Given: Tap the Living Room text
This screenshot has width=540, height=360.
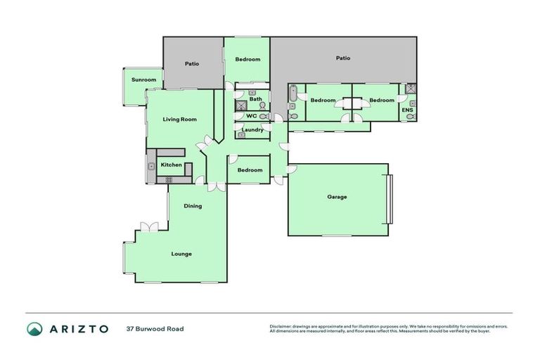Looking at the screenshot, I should point(179,120).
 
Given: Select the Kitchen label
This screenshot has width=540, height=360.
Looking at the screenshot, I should point(171,165).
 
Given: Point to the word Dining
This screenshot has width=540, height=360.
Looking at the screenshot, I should point(193,206).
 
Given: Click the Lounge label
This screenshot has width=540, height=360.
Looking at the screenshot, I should point(181,254).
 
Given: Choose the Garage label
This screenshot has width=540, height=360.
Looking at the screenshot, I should point(337,197).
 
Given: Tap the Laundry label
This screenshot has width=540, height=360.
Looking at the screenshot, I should point(252,130).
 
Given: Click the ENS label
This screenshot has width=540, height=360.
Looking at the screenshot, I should point(407,110).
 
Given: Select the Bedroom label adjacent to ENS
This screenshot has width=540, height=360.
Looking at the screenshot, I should point(382,101).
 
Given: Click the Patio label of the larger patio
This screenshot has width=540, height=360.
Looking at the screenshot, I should point(342,58).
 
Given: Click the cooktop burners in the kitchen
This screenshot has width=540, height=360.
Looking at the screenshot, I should point(169,180).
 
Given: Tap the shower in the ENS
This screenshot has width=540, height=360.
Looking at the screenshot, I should point(411,89).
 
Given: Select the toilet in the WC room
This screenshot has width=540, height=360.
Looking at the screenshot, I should point(262,116).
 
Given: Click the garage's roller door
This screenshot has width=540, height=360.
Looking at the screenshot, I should point(391,200).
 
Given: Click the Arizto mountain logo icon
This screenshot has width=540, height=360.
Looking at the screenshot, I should point(34,328).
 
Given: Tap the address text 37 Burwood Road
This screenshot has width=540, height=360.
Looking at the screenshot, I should point(155,328).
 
